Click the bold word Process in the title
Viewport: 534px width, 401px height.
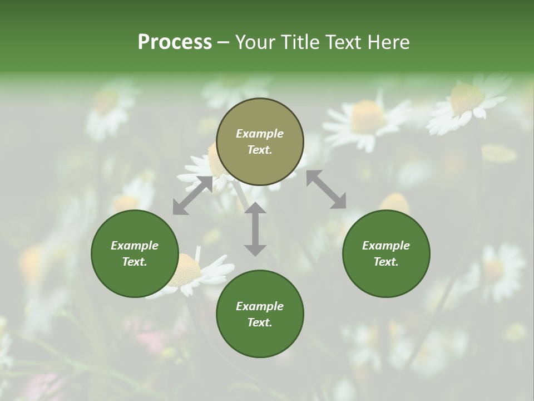175,42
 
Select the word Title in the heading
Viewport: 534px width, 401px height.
300,42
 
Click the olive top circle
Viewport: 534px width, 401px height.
260,141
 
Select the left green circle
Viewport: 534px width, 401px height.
135,253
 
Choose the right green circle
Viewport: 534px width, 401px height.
386,253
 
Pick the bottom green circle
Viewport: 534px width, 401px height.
260,314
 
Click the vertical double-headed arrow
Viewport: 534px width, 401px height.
255,229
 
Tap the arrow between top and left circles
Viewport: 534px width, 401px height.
192,195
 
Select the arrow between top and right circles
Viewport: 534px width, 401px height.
326,189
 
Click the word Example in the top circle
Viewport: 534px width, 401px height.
260,134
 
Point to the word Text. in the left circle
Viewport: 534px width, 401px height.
135,262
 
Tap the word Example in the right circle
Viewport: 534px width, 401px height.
386,246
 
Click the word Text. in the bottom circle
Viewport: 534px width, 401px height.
260,322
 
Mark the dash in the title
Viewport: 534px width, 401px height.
223,42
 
